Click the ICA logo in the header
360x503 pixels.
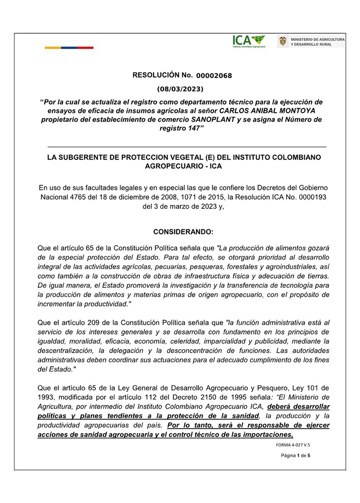coord(249,41)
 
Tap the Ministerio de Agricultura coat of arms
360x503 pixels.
coord(282,41)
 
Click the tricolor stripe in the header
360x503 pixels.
coord(69,48)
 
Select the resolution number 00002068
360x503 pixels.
coord(214,76)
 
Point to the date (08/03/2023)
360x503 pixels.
coord(180,89)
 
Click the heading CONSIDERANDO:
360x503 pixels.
coord(183,232)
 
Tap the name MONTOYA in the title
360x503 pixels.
coord(301,111)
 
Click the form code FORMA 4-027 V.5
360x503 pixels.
coord(293,445)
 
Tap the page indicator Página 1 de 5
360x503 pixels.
coord(296,456)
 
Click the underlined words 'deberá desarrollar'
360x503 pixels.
coord(299,407)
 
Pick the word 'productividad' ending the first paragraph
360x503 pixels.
coord(99,304)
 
